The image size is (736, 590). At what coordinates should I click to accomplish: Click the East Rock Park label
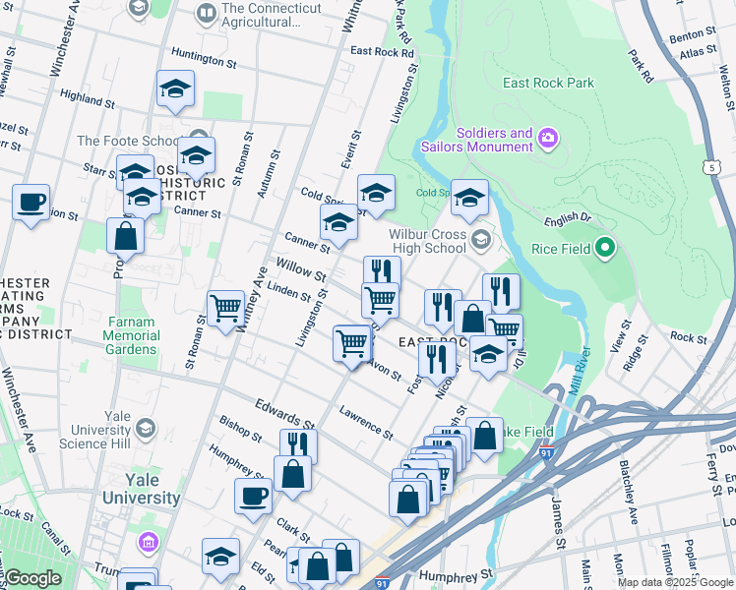coord(548,84)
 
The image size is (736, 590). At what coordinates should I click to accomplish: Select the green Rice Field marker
coord(605,250)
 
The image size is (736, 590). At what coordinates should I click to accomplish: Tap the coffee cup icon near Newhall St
coord(31,204)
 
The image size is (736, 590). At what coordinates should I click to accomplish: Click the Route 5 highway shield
coord(710,168)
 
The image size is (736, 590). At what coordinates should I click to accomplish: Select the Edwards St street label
coord(282,412)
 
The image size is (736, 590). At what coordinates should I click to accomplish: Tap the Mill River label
coord(579,370)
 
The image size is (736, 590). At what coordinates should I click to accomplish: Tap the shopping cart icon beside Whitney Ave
coord(225,309)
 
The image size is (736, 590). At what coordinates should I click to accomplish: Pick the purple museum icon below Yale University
coord(148,542)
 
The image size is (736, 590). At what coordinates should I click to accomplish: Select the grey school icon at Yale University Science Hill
coord(146,428)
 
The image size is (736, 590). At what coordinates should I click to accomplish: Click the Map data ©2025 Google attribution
coord(675,582)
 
